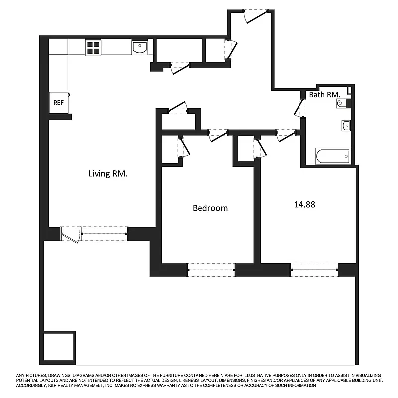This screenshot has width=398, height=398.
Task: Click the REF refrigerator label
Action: [x=59, y=103]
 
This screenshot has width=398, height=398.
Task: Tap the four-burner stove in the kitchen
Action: [x=93, y=48]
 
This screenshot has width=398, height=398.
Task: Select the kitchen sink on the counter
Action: [x=140, y=48]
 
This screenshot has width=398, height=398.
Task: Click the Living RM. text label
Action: [x=108, y=174]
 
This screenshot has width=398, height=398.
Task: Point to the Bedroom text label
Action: [x=210, y=208]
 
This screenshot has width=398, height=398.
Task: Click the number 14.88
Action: [x=305, y=204]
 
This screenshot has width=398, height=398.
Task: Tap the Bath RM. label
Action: [x=324, y=94]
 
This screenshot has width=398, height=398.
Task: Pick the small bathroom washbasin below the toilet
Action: [x=346, y=125]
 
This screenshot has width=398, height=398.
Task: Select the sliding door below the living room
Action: [x=95, y=233]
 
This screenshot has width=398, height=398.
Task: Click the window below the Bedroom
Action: [x=211, y=270]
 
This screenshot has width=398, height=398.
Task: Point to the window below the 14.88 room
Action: [x=314, y=270]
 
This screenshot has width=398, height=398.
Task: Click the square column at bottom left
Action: [x=58, y=347]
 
